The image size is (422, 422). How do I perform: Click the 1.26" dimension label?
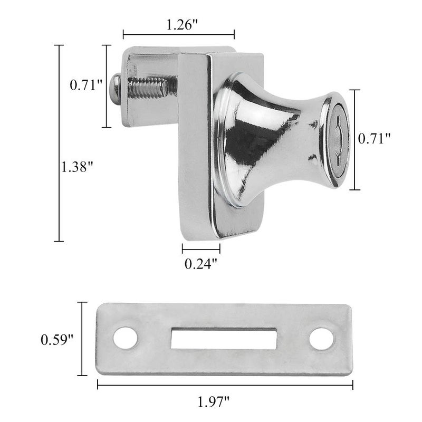(x=182, y=25)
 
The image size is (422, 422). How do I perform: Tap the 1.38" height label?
(x=77, y=167)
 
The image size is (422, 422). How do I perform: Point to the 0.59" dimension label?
(x=57, y=340)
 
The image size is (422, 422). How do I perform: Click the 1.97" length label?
(x=214, y=402)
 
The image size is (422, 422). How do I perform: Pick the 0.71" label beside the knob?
(x=374, y=139)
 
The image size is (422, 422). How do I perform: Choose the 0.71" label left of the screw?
(x=86, y=85)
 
